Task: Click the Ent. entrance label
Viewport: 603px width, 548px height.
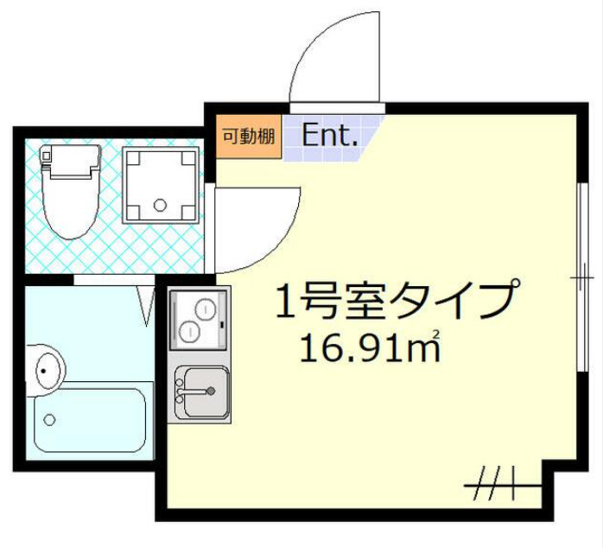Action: coord(330,136)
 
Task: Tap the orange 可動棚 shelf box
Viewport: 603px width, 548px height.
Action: coord(249,136)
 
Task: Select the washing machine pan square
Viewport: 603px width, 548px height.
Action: coord(161,182)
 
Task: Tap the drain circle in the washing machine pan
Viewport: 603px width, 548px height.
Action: coord(159,206)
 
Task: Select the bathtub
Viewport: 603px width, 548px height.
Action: coord(90,420)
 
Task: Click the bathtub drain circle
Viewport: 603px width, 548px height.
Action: coord(50,420)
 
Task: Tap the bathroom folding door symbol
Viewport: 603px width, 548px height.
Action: coord(145,304)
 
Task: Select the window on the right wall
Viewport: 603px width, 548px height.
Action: coord(581,277)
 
